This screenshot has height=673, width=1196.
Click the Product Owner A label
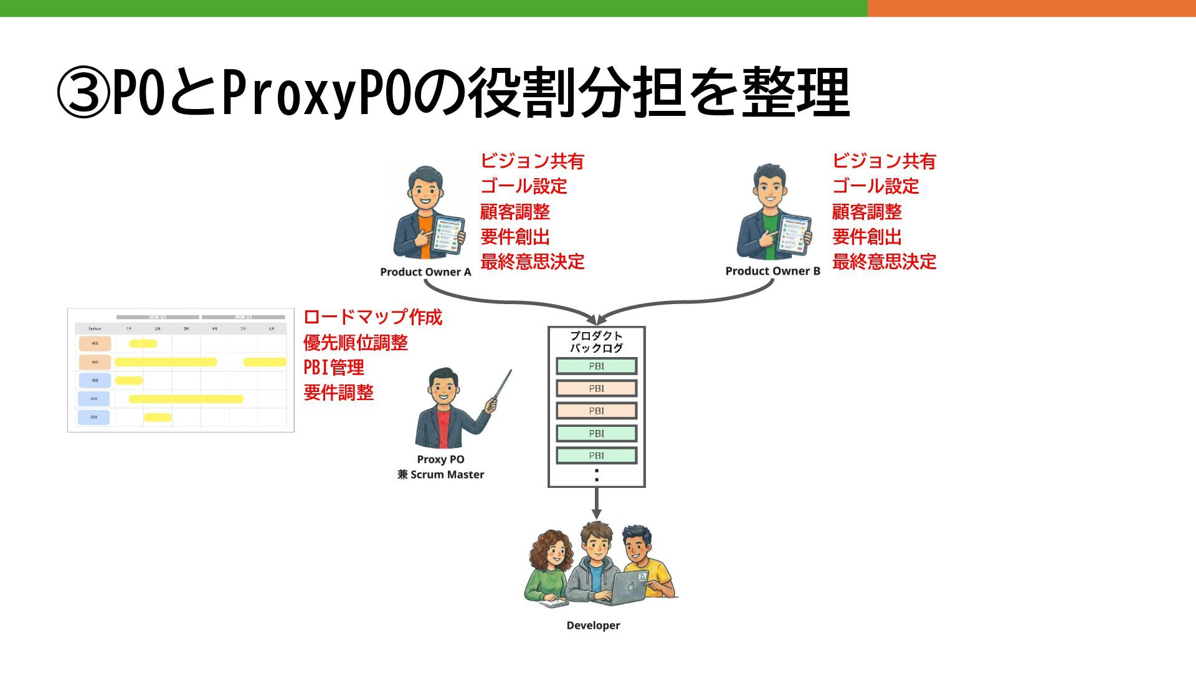click(x=425, y=272)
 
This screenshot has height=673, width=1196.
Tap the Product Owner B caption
click(x=772, y=271)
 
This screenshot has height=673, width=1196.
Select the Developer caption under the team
click(x=593, y=626)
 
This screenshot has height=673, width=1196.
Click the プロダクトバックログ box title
click(x=596, y=341)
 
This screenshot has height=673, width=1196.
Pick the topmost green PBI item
click(x=596, y=366)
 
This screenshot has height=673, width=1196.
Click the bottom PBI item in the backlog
click(x=596, y=456)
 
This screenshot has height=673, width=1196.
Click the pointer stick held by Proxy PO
click(x=502, y=386)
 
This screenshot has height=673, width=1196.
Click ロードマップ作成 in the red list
click(x=373, y=317)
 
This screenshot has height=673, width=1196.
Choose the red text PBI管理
click(x=333, y=368)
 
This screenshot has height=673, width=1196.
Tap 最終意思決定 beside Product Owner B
click(x=884, y=262)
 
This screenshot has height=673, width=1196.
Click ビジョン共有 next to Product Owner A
click(x=532, y=161)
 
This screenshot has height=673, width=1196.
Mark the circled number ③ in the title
click(x=83, y=93)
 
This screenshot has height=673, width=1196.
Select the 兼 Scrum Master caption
click(x=440, y=475)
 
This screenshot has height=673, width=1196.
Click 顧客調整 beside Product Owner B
click(x=866, y=212)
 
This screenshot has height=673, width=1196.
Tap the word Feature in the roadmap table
click(x=95, y=328)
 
